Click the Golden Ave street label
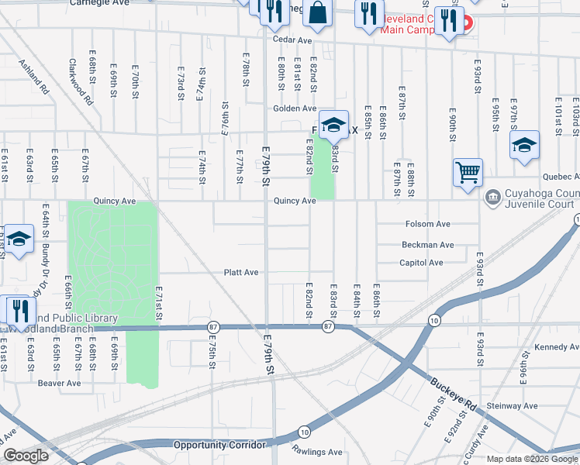click(293, 108)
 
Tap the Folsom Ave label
click(427, 224)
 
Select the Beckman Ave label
click(427, 245)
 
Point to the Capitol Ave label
click(422, 263)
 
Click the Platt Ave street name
click(240, 273)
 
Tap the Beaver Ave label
click(60, 383)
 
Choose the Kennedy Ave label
click(552, 347)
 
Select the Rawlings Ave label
click(317, 452)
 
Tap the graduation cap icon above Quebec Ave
click(524, 145)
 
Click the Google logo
click(26, 456)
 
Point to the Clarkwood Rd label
click(81, 82)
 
